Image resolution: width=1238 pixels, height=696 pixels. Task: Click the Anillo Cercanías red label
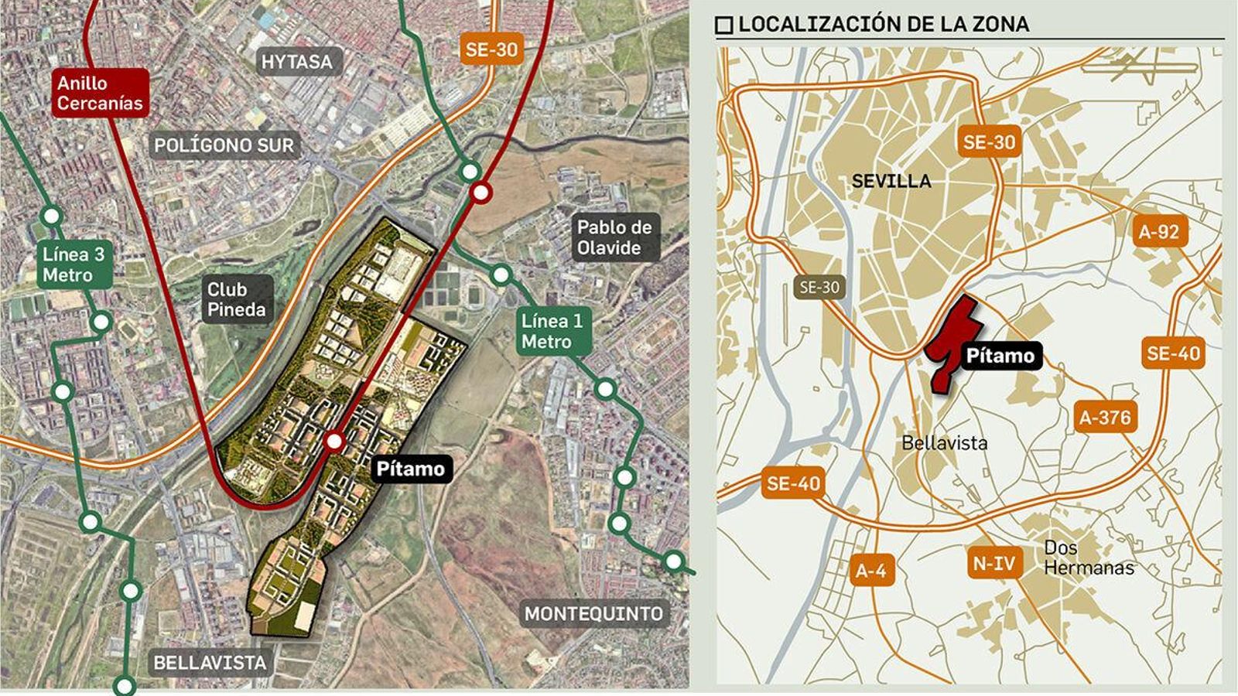(x=100, y=93)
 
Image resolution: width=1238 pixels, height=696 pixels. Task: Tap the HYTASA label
(x=296, y=62)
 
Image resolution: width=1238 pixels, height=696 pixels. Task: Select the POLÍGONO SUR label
(x=224, y=145)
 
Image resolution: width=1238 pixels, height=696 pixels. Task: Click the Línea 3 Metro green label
(x=74, y=264)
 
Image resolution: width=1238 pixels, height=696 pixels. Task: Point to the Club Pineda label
(x=236, y=299)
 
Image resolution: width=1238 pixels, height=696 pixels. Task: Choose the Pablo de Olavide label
(x=614, y=237)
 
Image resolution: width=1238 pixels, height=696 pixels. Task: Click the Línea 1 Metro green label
(x=552, y=332)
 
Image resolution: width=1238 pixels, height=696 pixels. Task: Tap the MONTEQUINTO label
(x=593, y=614)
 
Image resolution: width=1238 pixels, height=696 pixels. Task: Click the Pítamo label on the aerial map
(x=410, y=469)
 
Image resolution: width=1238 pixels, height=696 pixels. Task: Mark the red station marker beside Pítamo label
(x=334, y=441)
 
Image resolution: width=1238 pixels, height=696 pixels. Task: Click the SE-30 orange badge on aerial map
(x=491, y=50)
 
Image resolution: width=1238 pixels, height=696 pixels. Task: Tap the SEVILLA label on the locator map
(x=891, y=181)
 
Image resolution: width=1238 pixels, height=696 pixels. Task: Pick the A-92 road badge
(x=1158, y=231)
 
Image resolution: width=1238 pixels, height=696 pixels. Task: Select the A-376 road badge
(x=1105, y=418)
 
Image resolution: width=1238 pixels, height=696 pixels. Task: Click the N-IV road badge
(x=993, y=563)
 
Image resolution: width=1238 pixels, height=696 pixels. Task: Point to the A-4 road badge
(x=871, y=571)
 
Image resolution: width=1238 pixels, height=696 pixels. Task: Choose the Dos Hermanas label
(x=1088, y=558)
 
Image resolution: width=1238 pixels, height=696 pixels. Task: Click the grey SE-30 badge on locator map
(x=819, y=288)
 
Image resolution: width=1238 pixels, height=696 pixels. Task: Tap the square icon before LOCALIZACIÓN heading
(x=724, y=26)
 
